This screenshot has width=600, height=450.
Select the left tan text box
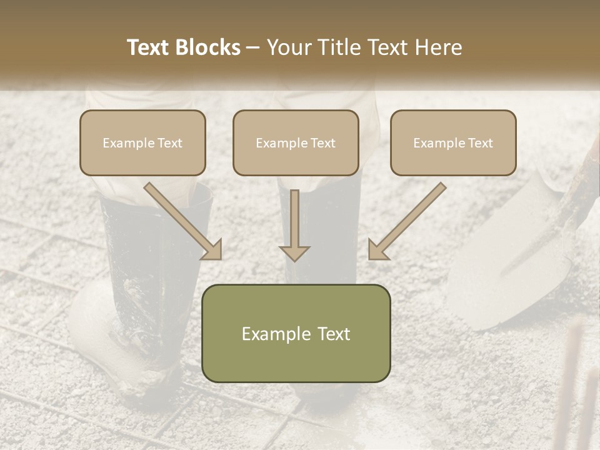pyautogui.click(x=142, y=142)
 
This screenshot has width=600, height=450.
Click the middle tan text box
pyautogui.click(x=296, y=142)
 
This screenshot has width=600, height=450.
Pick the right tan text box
pyautogui.click(x=453, y=142)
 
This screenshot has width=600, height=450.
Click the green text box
pyautogui.click(x=296, y=333)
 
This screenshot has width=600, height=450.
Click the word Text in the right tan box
pyautogui.click(x=480, y=143)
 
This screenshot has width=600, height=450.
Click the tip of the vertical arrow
pyautogui.click(x=294, y=259)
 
